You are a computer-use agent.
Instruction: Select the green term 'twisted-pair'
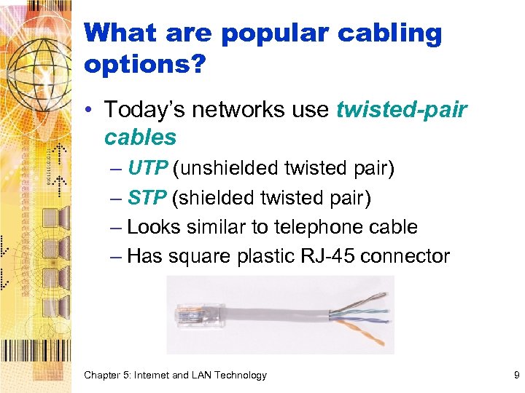401,110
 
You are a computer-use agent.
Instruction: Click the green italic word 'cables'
140,137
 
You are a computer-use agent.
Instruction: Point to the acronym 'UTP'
148,168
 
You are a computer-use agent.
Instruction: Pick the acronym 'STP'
147,198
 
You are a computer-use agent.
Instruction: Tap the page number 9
516,376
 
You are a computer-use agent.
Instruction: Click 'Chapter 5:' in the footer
108,376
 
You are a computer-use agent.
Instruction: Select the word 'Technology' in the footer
241,376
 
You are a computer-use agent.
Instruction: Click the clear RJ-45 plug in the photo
189,315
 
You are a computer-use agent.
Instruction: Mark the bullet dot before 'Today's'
89,111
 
